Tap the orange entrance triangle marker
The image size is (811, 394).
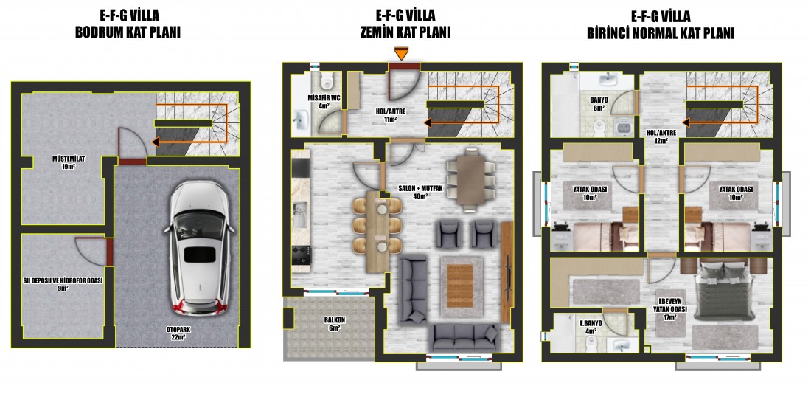coord(401,53)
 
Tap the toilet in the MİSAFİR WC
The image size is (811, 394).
coord(327,80)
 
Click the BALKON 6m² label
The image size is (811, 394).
coord(335,324)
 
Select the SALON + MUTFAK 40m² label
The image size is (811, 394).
coord(420,192)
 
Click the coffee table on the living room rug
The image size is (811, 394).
coord(460,286)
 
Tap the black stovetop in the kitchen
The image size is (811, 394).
coord(300,255)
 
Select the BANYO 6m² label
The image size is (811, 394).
coord(599,103)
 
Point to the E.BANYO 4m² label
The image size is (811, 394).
coord(591,327)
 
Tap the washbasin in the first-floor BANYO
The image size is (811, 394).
coord(609,80)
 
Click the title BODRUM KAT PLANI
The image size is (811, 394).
coord(128,33)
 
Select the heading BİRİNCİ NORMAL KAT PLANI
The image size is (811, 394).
coord(661,34)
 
